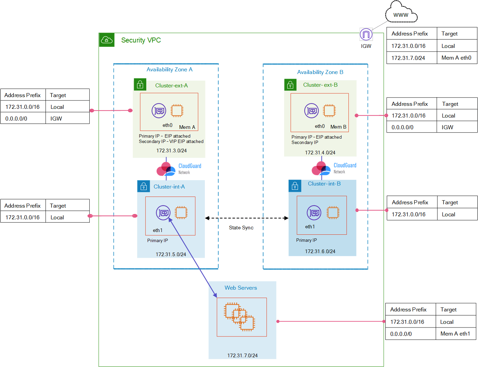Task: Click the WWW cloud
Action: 401,12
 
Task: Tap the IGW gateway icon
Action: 366,34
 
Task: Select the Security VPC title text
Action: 141,40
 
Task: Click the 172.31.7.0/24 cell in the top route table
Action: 408,58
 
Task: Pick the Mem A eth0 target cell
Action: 456,58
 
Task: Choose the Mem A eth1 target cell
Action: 455,334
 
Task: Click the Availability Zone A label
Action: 169,70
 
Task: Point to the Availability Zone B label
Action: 320,72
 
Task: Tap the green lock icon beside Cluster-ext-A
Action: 140,84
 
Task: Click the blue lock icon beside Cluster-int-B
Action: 295,186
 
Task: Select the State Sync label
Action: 241,227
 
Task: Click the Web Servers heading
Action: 241,288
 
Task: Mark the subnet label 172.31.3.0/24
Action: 171,150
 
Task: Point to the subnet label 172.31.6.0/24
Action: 320,251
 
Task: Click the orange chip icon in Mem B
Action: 329,111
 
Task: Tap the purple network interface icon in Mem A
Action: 159,111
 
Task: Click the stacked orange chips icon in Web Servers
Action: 239,317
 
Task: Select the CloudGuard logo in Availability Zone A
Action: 179,169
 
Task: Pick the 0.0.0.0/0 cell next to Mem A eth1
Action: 401,334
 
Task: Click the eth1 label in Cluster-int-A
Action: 158,230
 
